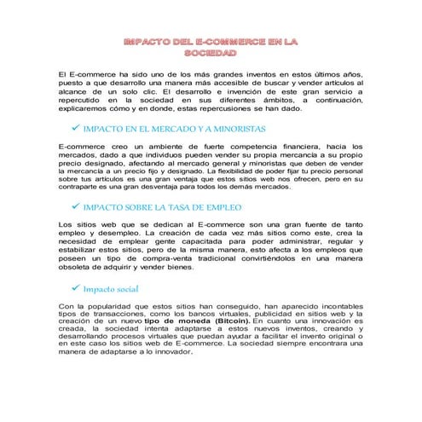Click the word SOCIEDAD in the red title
pyautogui.click(x=211, y=54)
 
